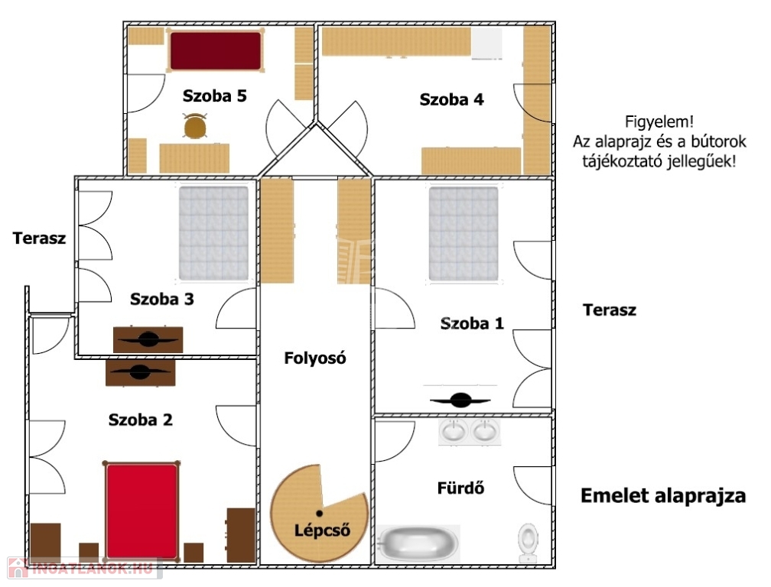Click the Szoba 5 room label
tap(214, 96)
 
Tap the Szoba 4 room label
tap(451, 99)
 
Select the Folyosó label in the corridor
tap(314, 358)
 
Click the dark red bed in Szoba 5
tap(216, 50)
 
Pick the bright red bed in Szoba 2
tap(142, 511)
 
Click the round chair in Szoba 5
tap(195, 126)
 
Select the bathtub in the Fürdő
tap(418, 543)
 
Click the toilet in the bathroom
tap(528, 543)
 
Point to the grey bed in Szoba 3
tap(213, 233)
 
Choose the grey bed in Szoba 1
tap(464, 233)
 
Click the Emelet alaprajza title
tap(663, 495)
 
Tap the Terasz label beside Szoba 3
tap(39, 238)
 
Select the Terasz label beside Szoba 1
tap(609, 310)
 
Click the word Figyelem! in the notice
tap(659, 122)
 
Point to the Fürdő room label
tap(460, 488)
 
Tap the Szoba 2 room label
tap(141, 420)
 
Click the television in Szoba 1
tap(460, 400)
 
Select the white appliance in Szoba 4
tap(486, 44)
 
